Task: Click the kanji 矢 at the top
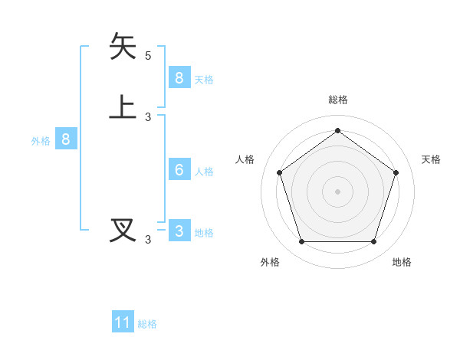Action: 123,46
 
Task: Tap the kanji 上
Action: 123,107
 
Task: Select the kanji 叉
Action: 123,230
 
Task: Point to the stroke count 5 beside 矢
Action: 148,56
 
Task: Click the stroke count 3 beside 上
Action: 148,117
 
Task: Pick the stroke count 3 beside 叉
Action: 148,240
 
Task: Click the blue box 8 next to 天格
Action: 179,78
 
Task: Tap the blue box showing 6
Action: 179,170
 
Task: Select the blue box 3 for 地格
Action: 179,231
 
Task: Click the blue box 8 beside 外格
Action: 66,139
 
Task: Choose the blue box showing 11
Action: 123,322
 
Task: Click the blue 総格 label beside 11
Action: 147,324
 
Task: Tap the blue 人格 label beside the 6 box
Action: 204,172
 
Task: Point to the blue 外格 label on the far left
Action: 40,141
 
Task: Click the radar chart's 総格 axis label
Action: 338,100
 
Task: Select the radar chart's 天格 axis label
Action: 431,159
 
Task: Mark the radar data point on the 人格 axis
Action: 280,172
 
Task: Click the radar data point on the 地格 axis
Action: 373,242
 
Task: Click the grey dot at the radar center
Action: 337,191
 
